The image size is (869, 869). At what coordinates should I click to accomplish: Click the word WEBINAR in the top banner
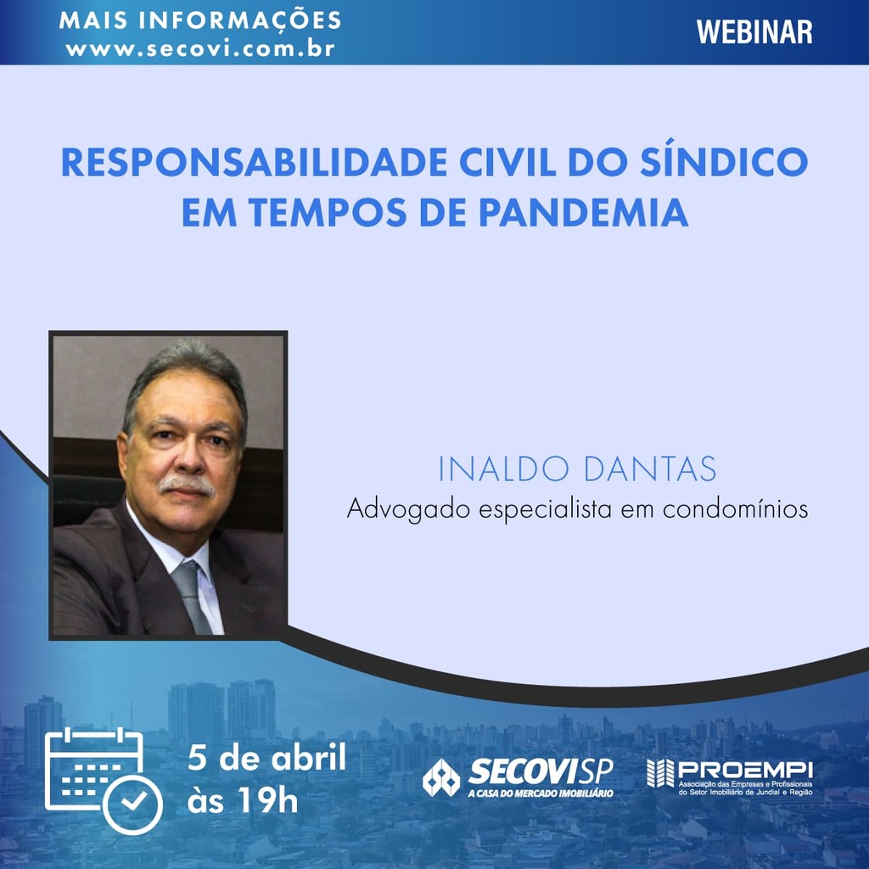click(x=754, y=31)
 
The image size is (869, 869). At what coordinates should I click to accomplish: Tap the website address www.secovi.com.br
click(x=200, y=48)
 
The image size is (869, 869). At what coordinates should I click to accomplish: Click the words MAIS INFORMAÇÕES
click(x=200, y=20)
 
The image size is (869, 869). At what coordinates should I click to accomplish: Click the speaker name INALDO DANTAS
click(x=577, y=470)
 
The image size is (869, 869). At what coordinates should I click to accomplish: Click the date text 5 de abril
click(x=267, y=758)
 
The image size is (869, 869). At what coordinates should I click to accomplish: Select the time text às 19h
click(x=243, y=799)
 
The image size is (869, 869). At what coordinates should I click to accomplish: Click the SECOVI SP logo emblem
click(x=441, y=777)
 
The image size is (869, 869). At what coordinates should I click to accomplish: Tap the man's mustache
click(x=188, y=485)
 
